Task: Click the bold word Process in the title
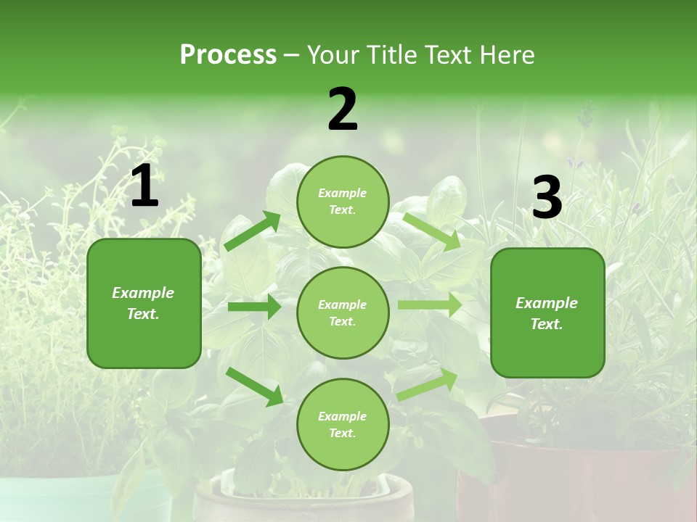228,55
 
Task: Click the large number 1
144,186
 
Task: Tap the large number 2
343,109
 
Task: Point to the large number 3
547,197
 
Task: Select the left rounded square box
144,303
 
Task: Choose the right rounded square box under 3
547,312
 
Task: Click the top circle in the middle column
343,202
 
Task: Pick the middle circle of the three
343,312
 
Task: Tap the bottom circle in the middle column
343,424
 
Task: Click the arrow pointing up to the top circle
252,231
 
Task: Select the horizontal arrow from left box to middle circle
254,307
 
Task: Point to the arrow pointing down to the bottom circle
254,386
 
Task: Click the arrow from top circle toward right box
432,231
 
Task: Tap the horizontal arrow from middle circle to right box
430,304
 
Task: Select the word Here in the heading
507,55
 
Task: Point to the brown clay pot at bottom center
305,500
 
